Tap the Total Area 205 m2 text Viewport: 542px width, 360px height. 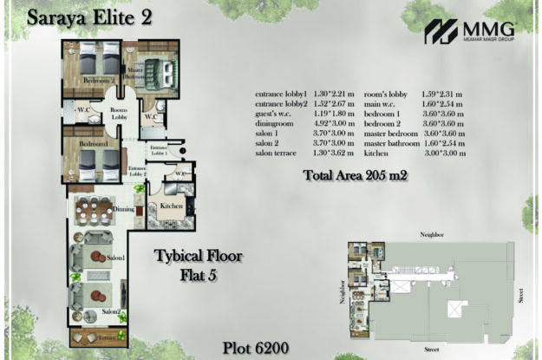click(x=356, y=174)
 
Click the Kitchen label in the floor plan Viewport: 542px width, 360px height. click(x=169, y=206)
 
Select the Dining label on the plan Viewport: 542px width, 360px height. click(x=121, y=208)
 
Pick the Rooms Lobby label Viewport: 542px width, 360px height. click(x=118, y=115)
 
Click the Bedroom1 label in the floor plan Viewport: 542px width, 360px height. click(x=93, y=143)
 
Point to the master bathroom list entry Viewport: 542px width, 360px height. click(x=394, y=143)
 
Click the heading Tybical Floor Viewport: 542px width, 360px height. click(x=198, y=257)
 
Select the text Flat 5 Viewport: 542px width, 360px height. click(x=198, y=278)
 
